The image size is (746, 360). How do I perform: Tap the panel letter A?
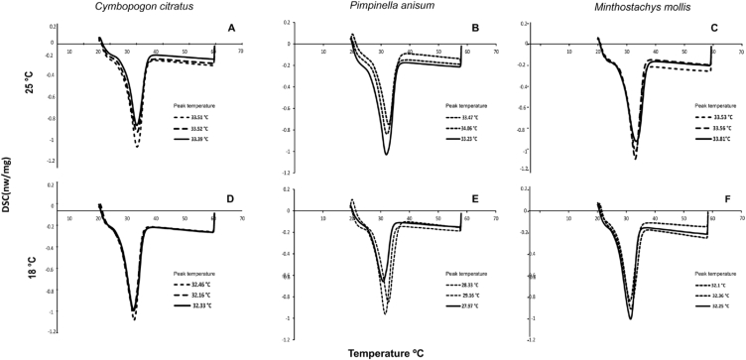pyautogui.click(x=231, y=28)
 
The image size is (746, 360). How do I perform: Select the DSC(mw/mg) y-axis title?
pyautogui.click(x=7, y=188)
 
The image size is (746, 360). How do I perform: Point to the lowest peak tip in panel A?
pyautogui.click(x=137, y=147)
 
